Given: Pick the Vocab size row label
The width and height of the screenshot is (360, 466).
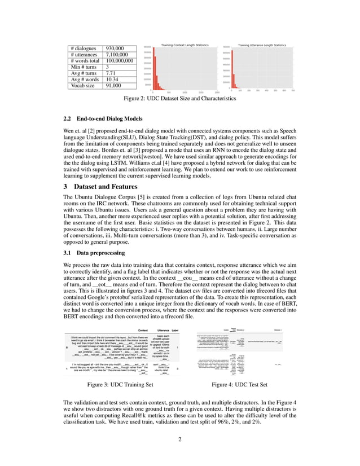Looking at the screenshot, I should click(x=82, y=86).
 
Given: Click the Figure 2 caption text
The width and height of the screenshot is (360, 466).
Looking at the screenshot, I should click(x=180, y=98).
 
